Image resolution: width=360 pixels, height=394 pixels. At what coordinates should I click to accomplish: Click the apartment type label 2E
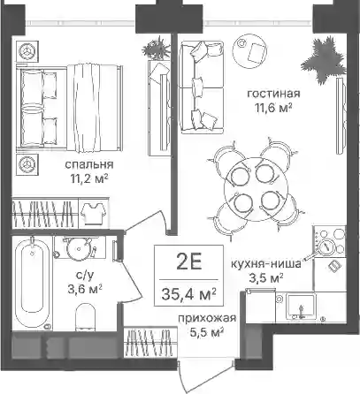(189, 262)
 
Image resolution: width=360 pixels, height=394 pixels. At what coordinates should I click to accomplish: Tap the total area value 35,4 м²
(189, 293)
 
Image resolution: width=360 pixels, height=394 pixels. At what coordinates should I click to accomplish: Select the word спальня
(89, 165)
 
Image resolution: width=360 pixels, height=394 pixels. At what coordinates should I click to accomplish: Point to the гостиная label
(273, 94)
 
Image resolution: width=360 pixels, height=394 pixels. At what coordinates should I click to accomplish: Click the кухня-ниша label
(265, 264)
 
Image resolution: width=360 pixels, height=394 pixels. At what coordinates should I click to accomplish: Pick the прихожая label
(207, 319)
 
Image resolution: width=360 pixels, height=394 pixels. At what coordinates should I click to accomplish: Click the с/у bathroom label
(85, 276)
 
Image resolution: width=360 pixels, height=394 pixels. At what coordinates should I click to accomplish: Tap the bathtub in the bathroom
(33, 283)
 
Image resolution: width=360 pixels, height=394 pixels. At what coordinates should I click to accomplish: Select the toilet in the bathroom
(86, 317)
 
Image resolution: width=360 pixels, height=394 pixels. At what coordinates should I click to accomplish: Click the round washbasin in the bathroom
(78, 248)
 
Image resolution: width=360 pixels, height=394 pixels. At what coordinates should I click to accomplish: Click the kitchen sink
(301, 307)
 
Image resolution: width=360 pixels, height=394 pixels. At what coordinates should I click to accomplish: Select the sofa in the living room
(202, 87)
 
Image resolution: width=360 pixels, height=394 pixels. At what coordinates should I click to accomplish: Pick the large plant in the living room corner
(324, 60)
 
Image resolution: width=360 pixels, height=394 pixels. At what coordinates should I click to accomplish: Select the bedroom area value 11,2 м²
(88, 178)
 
